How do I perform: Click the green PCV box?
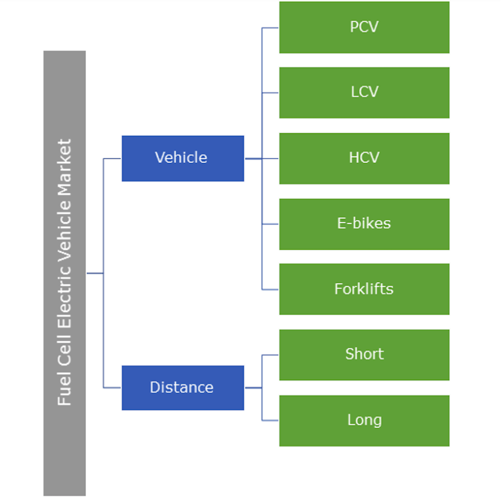[364, 27]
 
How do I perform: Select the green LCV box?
[364, 92]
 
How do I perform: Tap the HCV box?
[364, 158]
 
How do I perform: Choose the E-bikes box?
[364, 224]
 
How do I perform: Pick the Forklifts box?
[364, 289]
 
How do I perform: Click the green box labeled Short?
[364, 355]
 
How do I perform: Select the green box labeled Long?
[364, 420]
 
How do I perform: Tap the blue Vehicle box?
[182, 158]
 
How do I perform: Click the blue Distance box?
[182, 387]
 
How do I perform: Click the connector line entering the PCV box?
[270, 27]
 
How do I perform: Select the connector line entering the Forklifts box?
[270, 289]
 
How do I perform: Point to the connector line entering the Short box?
[270, 355]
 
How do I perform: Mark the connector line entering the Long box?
[270, 420]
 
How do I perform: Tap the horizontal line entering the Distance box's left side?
[113, 387]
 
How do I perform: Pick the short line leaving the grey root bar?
[95, 273]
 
